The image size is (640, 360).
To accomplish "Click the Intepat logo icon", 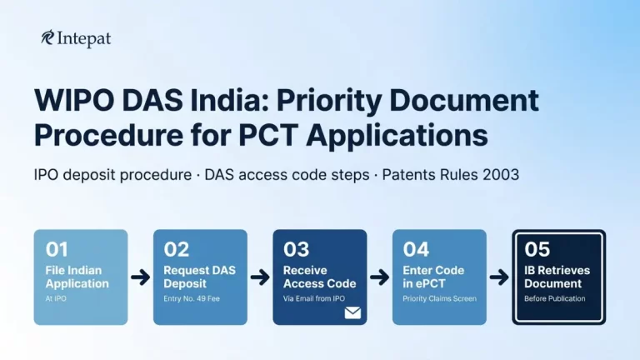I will coord(47,38).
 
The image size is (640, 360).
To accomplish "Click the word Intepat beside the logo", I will coord(84,38).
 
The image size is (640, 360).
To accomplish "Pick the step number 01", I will coord(57,248).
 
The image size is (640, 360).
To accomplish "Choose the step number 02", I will coord(177,248).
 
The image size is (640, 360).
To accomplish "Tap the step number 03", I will coord(297,248).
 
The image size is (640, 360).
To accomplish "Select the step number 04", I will coord(417,248).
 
